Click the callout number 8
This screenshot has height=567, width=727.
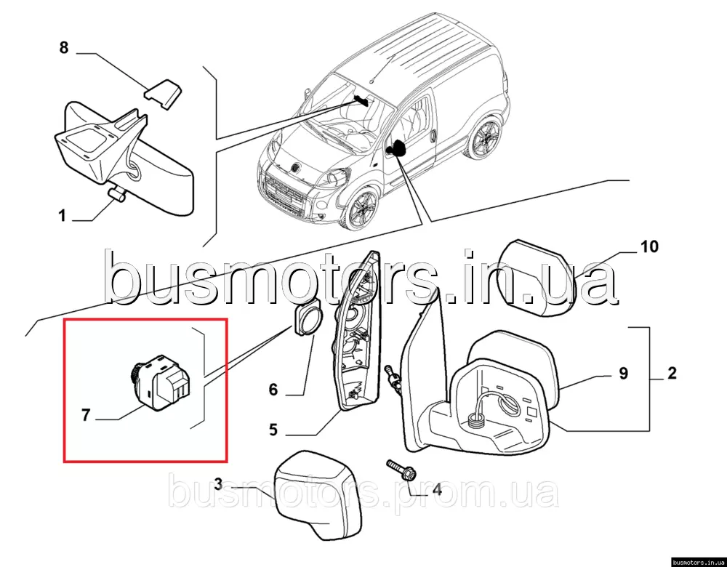click(x=64, y=47)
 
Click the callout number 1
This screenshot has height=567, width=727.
click(x=62, y=216)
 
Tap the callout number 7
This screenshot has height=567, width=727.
click(x=85, y=415)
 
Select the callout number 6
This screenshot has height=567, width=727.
click(x=273, y=390)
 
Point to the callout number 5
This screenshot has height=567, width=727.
click(x=273, y=430)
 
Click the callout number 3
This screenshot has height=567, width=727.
click(x=218, y=485)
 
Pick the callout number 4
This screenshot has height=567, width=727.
click(x=436, y=489)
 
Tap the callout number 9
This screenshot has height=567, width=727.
click(x=623, y=373)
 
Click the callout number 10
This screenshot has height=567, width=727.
click(x=649, y=246)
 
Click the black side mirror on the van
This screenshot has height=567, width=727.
click(x=395, y=148)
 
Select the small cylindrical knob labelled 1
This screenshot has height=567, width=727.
click(x=117, y=194)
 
